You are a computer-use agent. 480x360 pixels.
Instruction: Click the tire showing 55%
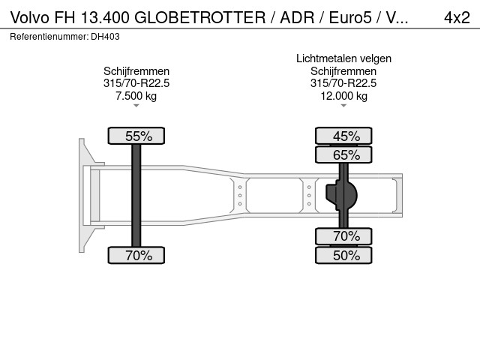click(136, 136)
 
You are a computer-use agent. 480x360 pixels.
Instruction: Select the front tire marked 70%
click(136, 255)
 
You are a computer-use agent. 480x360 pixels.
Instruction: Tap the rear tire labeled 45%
click(343, 136)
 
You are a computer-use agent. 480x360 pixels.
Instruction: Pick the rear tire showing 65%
click(343, 154)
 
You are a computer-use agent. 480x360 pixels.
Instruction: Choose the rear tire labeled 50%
click(343, 255)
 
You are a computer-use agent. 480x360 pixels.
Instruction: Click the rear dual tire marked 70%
click(343, 236)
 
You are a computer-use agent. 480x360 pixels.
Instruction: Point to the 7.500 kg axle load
click(136, 96)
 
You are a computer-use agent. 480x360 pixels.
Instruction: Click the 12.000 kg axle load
click(343, 96)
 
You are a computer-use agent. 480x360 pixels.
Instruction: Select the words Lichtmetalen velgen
click(343, 58)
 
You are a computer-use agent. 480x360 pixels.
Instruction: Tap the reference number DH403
click(105, 37)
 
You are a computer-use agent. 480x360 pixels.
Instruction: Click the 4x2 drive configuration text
click(457, 17)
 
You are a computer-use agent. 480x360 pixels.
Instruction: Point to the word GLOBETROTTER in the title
click(200, 17)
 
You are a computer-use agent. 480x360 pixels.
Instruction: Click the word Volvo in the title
click(30, 17)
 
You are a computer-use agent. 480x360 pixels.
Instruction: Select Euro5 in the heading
click(350, 17)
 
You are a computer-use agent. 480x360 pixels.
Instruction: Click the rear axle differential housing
click(342, 196)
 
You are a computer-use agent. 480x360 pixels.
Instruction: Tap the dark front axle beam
click(136, 196)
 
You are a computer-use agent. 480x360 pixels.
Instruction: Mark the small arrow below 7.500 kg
click(136, 106)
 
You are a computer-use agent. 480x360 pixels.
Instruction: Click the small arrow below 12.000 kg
click(343, 106)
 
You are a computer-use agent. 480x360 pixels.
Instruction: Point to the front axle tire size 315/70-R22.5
click(136, 83)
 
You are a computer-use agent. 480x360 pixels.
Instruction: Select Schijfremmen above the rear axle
click(343, 71)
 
